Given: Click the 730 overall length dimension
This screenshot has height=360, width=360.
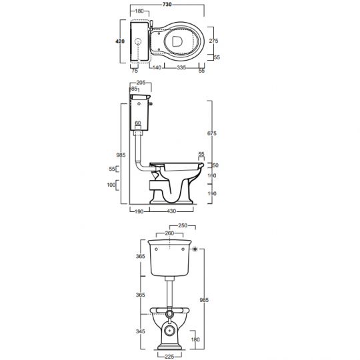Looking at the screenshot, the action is (x=167, y=5).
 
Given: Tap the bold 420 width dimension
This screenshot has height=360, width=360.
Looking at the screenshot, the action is (x=120, y=41).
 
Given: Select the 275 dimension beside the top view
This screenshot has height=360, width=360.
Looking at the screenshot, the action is (x=213, y=41).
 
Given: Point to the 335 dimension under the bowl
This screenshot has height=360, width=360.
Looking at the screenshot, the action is (x=181, y=67).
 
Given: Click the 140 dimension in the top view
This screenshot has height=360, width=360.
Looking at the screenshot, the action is (x=157, y=67).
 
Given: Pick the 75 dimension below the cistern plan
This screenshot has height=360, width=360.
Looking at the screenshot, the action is (x=135, y=71).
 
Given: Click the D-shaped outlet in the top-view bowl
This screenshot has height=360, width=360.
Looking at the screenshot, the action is (x=177, y=41).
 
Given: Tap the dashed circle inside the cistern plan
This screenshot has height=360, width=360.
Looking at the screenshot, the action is (x=138, y=41).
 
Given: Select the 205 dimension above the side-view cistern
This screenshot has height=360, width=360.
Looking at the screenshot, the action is (x=141, y=83).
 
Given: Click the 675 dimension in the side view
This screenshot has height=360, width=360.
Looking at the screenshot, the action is (x=212, y=133).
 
